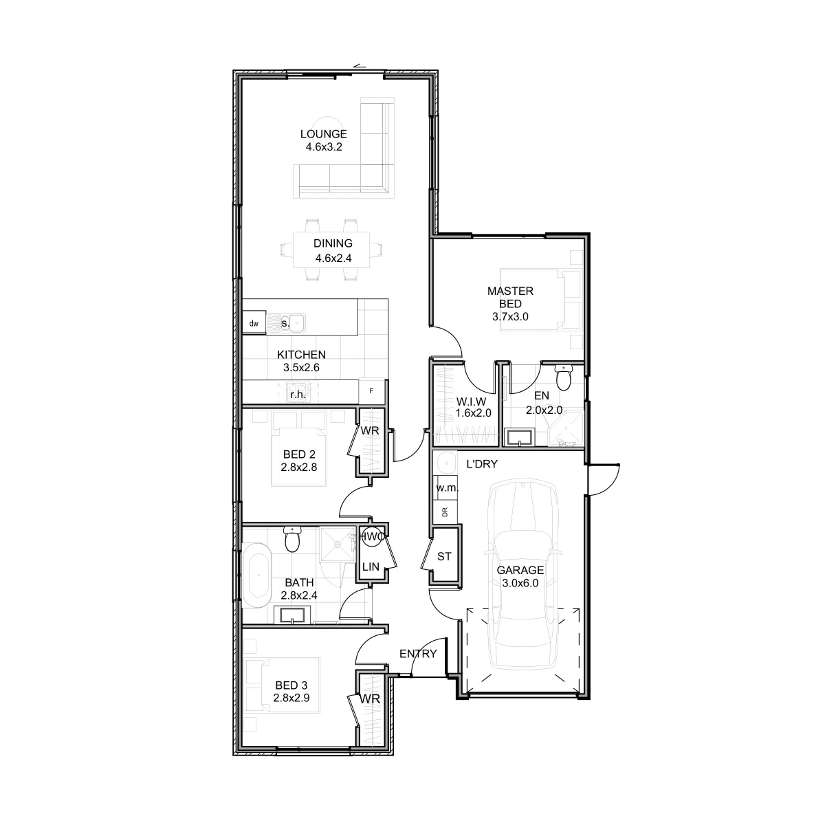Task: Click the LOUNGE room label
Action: (x=323, y=134)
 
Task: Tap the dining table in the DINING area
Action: (x=331, y=250)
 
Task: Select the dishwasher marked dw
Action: (x=254, y=323)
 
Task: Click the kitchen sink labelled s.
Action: (x=285, y=323)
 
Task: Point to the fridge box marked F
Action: (x=371, y=391)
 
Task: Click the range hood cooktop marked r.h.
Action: (x=298, y=393)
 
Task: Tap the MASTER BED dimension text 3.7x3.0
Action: (x=510, y=317)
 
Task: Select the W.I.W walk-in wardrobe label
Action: (x=471, y=401)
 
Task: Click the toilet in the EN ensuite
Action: (x=563, y=377)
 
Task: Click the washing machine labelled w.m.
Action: (x=447, y=487)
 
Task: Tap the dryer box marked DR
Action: (x=445, y=511)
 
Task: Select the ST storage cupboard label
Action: (x=444, y=556)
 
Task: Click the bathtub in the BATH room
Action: (x=257, y=575)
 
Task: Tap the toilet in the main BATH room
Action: (x=292, y=540)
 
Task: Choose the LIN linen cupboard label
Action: (x=371, y=566)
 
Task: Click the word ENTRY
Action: (x=418, y=654)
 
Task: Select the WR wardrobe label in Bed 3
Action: (x=370, y=699)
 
